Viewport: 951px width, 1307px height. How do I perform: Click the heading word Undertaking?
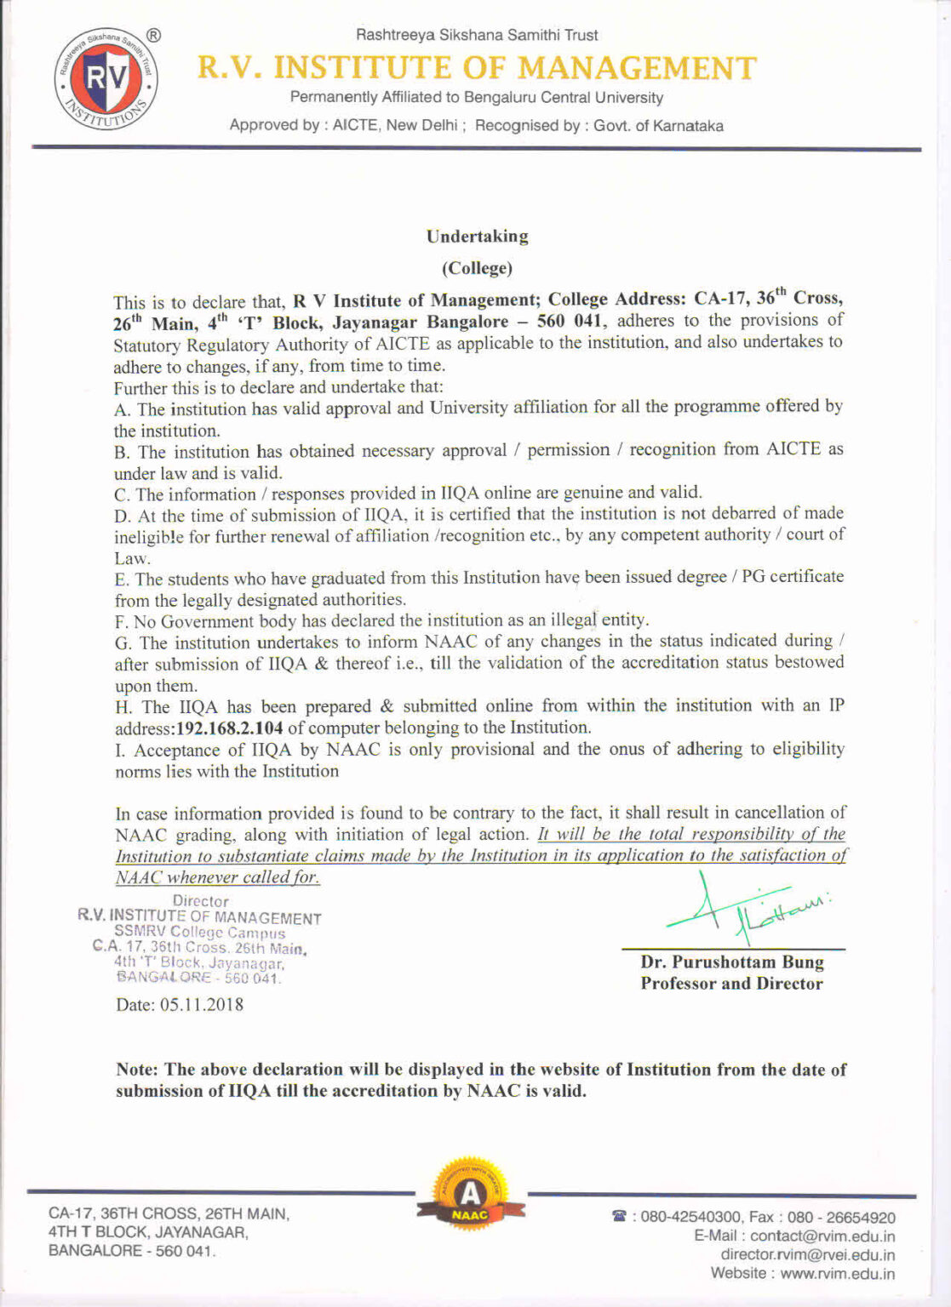(477, 237)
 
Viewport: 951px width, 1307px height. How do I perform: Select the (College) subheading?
(477, 269)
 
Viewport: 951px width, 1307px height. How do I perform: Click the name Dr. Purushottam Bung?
(732, 962)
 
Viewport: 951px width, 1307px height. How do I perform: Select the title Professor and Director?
(732, 984)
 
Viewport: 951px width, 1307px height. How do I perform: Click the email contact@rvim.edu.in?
(822, 1236)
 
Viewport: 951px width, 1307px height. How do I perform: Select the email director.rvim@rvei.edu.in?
(807, 1255)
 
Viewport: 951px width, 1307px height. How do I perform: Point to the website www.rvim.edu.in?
(837, 1274)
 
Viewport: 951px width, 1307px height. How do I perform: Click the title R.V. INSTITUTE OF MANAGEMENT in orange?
(477, 68)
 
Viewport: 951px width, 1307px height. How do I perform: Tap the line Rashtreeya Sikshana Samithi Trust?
(477, 35)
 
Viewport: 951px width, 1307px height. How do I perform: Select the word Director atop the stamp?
(201, 901)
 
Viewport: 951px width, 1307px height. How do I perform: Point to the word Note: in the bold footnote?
(137, 1070)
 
